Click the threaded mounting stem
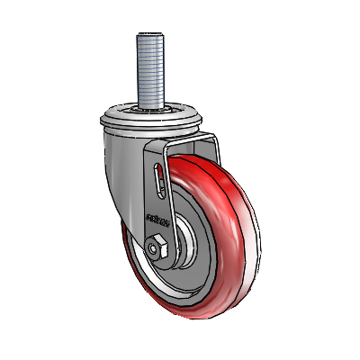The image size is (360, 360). click(148, 72)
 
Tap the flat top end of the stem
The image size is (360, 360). click(148, 35)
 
